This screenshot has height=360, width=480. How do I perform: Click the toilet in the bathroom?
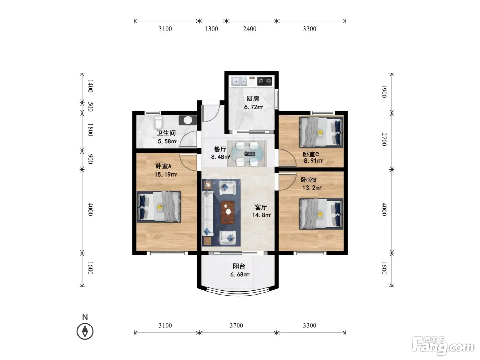point(158,123)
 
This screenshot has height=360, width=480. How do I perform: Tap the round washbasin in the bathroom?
point(188,120)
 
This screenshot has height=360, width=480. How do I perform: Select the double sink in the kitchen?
point(239,82)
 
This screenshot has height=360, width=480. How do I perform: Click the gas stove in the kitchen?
point(265,81)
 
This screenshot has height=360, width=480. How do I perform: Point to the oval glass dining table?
point(247,154)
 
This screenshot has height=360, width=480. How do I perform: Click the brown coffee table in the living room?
point(228,212)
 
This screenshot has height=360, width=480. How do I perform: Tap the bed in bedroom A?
point(159,206)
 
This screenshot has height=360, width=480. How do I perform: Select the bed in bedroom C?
point(321,132)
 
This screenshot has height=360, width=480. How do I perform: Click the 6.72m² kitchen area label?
point(254,107)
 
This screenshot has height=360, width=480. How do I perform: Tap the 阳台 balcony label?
point(239,266)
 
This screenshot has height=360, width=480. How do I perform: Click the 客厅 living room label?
point(261,207)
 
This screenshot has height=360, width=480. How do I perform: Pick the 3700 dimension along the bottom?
point(236,325)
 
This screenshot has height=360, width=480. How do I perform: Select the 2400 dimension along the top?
point(250,29)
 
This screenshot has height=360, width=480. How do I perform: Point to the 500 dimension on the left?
point(90,107)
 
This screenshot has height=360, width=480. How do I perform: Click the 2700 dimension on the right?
point(384,139)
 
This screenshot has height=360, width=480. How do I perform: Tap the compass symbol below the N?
point(85,332)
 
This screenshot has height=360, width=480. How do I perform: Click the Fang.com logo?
point(443,346)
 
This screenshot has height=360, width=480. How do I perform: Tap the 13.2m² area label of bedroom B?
point(312,188)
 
